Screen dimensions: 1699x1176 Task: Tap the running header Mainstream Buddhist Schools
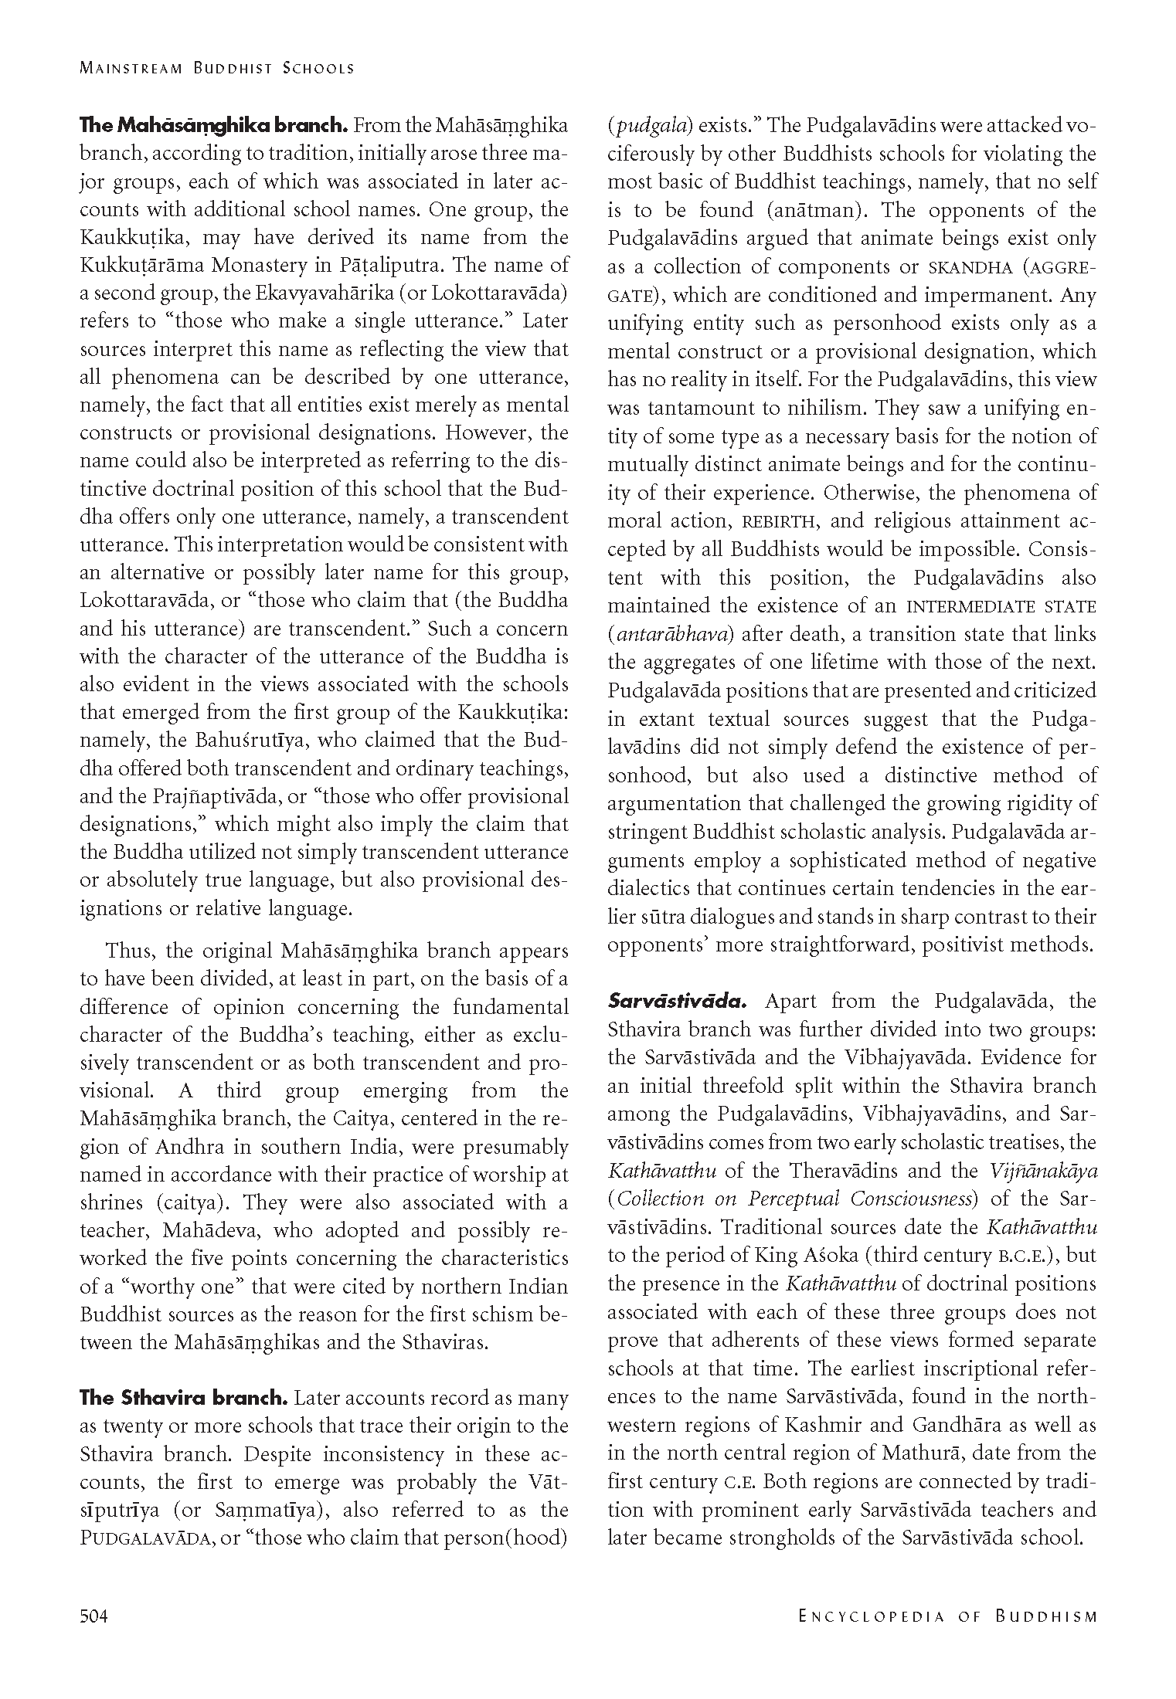point(217,68)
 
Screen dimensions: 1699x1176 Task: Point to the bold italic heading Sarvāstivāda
point(677,1002)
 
